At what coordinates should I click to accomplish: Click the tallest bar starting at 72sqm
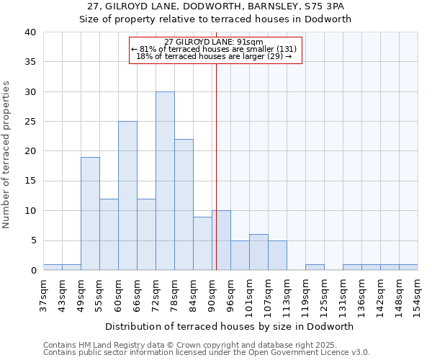(165, 181)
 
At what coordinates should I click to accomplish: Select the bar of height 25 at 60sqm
(127, 196)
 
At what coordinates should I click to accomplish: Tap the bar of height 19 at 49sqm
(90, 214)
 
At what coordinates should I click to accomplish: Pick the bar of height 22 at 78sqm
(184, 204)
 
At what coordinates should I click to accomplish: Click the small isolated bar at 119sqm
(315, 267)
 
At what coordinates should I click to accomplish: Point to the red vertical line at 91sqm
(216, 166)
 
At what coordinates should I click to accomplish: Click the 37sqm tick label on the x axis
(43, 294)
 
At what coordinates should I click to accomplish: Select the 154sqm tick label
(418, 294)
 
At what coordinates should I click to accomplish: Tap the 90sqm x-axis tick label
(212, 294)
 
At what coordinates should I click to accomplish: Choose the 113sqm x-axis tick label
(287, 294)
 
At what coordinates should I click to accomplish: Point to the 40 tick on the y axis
(30, 32)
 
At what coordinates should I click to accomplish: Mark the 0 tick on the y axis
(32, 271)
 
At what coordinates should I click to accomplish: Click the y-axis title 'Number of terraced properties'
(7, 154)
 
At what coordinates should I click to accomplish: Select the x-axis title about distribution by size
(230, 326)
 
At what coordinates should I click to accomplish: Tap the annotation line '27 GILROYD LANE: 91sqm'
(214, 42)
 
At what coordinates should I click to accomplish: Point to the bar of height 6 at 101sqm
(258, 253)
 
